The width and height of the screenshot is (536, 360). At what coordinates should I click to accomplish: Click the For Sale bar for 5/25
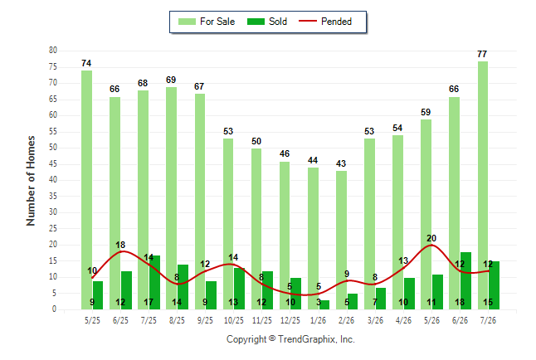click(87, 190)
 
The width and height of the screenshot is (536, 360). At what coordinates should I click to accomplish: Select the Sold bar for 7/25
click(154, 282)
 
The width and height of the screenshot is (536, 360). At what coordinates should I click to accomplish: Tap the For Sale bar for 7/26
click(483, 185)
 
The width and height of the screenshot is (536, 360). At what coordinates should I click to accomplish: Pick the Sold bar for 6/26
click(465, 280)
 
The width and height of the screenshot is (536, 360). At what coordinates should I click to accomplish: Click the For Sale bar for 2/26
click(341, 240)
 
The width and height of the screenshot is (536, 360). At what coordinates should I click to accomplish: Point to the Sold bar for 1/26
click(324, 304)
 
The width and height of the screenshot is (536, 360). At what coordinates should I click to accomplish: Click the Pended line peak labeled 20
click(431, 245)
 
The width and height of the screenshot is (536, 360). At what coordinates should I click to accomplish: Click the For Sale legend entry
click(207, 22)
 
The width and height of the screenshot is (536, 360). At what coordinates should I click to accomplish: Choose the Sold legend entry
click(267, 22)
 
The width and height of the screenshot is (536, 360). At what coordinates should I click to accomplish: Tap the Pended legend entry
click(325, 22)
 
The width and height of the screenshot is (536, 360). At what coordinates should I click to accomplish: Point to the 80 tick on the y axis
click(53, 51)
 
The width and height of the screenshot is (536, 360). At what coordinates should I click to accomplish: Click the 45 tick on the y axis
click(53, 163)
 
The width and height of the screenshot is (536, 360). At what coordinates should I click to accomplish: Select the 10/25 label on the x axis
click(233, 320)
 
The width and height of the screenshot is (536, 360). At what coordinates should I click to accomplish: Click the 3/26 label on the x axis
click(375, 320)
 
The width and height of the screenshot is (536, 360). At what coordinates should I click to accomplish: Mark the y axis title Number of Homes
click(31, 181)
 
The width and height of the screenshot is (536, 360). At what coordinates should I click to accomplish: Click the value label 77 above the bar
click(482, 54)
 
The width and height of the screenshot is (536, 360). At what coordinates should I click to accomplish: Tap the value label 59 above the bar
click(426, 112)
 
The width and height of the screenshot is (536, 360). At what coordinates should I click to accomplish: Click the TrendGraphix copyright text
click(290, 339)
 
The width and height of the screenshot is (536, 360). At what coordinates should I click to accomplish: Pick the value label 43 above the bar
click(341, 163)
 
